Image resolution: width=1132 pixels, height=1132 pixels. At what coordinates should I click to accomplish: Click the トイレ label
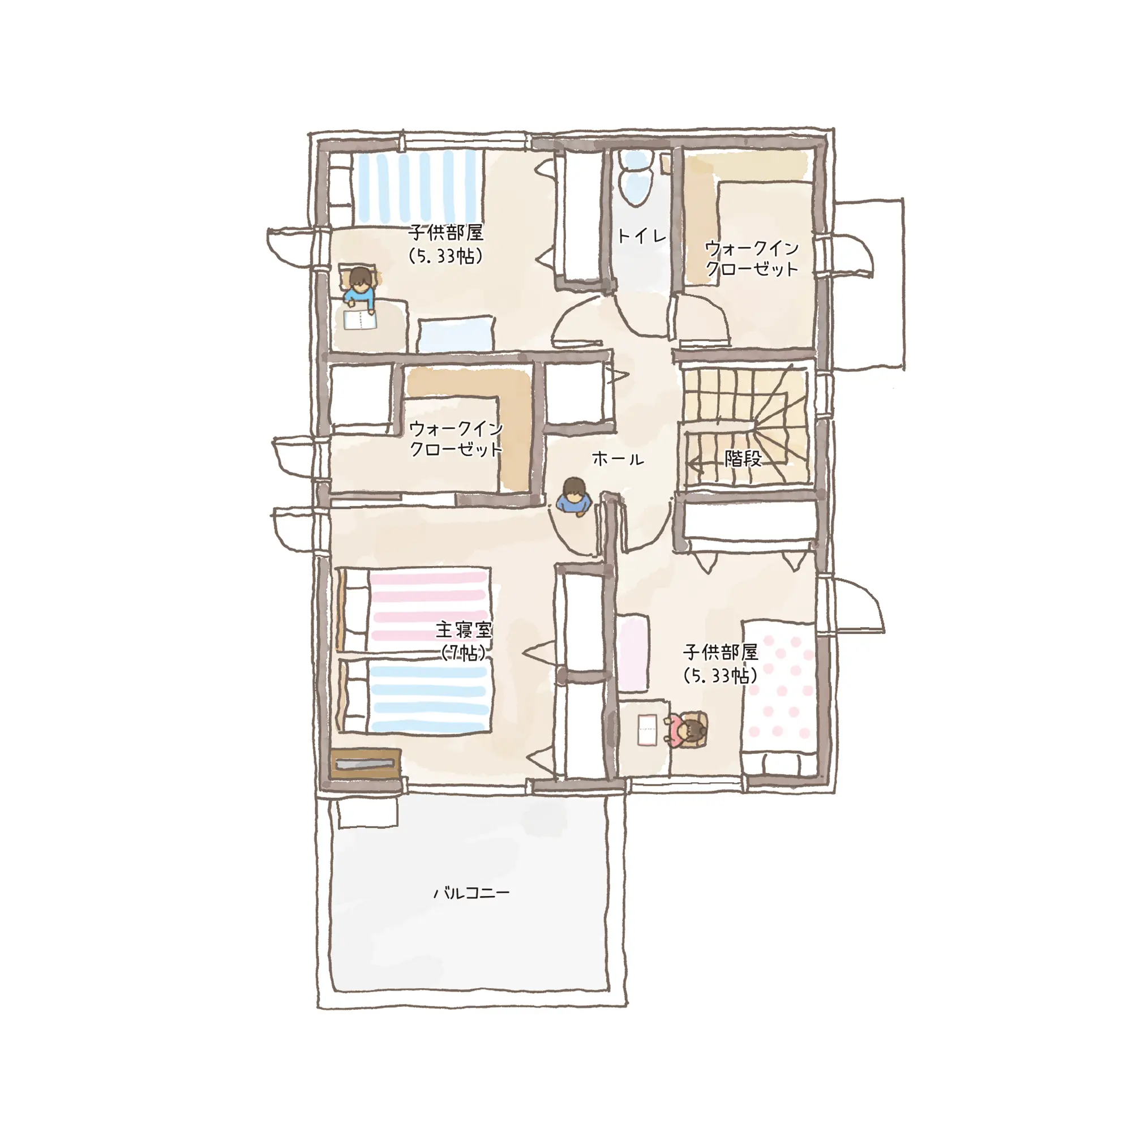(x=642, y=236)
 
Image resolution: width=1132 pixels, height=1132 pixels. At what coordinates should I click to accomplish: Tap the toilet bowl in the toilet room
(x=636, y=179)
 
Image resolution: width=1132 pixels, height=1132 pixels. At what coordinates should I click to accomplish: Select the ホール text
(x=618, y=459)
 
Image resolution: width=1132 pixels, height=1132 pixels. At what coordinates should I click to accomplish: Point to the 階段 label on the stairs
(x=743, y=458)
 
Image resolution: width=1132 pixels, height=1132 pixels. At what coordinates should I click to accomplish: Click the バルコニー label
(x=471, y=893)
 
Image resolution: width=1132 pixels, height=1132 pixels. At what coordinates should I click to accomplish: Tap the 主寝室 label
(x=464, y=630)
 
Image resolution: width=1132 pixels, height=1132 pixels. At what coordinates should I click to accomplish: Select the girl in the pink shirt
(x=687, y=730)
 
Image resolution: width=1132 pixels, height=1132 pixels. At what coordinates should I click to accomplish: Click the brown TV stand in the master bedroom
(x=366, y=764)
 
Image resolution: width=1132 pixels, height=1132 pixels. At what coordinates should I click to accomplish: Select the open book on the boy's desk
(x=360, y=320)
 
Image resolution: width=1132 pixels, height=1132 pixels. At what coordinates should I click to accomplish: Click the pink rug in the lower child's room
(x=633, y=653)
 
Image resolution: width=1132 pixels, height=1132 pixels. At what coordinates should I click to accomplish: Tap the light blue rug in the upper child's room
(x=456, y=335)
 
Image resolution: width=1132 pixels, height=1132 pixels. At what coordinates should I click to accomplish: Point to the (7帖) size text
(x=464, y=653)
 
